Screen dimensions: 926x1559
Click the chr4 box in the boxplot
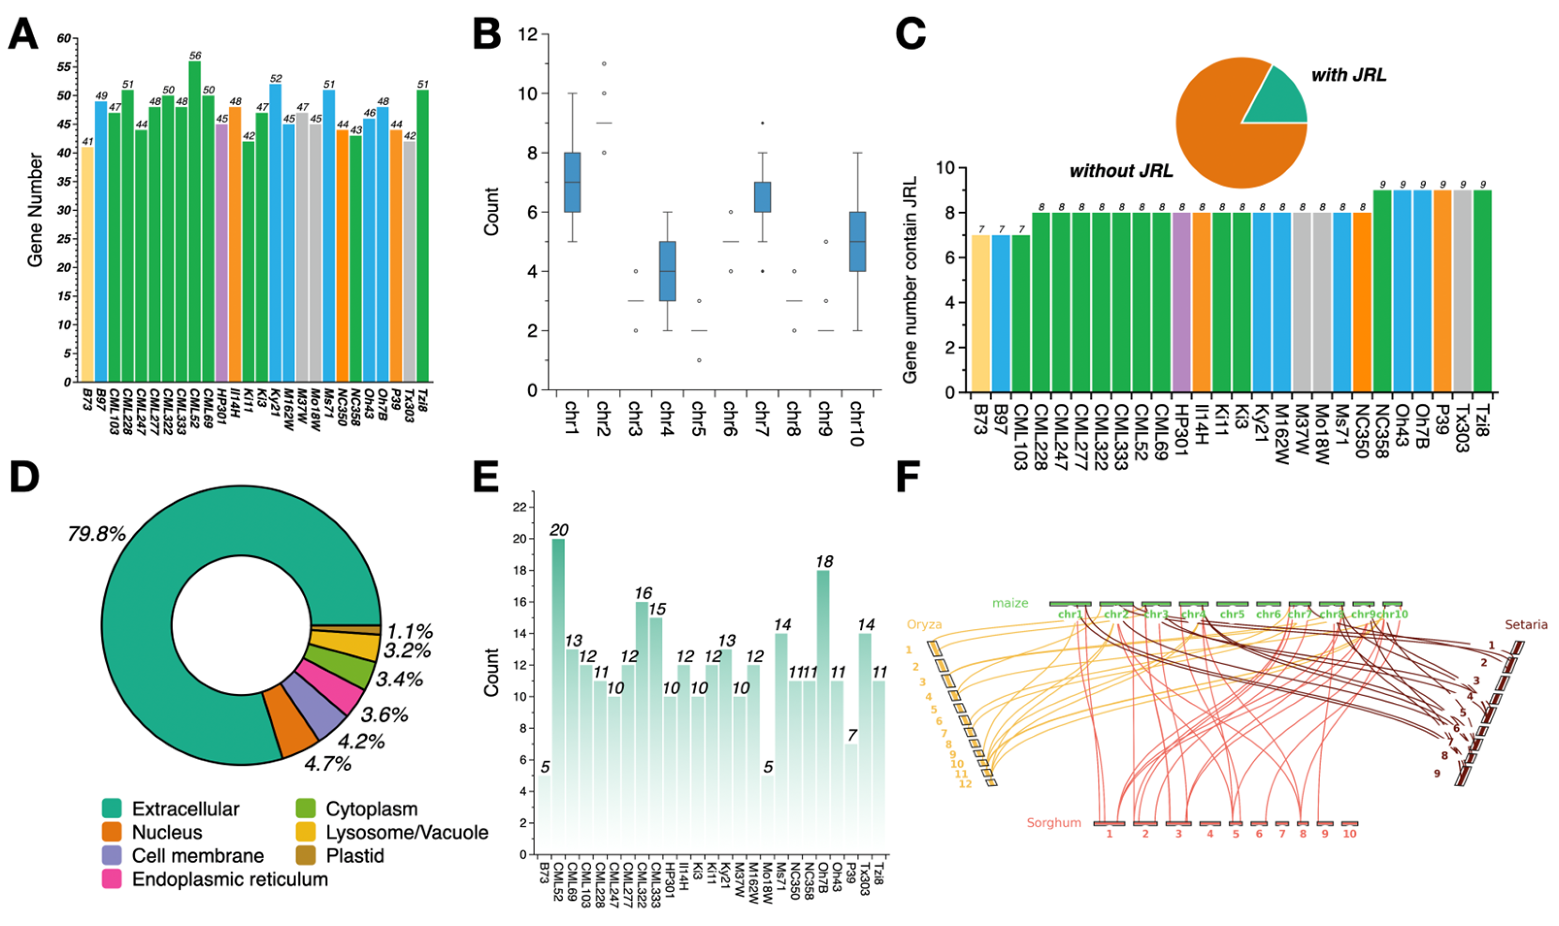tap(668, 271)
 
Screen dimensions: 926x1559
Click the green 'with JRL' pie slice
tap(1280, 100)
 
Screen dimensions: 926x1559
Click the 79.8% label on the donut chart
tap(97, 534)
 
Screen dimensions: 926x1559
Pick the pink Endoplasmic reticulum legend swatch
tap(112, 879)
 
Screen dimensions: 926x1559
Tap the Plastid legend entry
tap(354, 855)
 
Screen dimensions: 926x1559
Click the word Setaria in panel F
tap(1526, 624)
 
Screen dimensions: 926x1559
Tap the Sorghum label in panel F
tap(1054, 823)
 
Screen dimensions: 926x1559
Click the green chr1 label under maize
tap(1070, 615)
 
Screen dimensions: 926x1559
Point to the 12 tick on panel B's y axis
tap(528, 35)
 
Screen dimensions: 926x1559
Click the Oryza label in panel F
tap(924, 624)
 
